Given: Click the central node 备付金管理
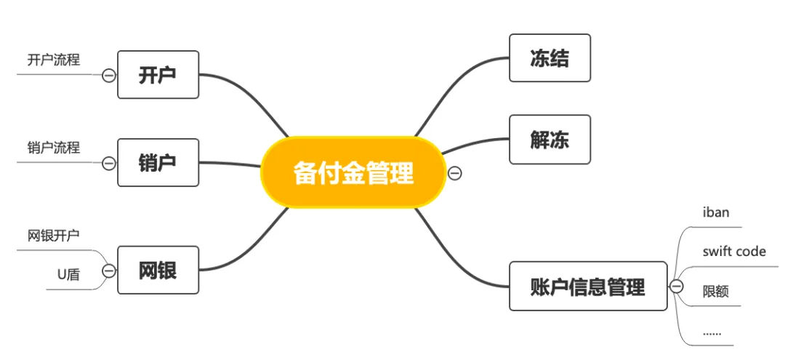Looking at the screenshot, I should click(x=353, y=173).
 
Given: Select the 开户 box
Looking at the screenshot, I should click(x=158, y=74).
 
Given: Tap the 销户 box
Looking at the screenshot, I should click(x=158, y=162).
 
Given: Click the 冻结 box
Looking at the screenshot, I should click(x=549, y=57).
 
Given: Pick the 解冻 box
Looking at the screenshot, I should click(x=549, y=139).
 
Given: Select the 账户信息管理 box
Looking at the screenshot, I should click(x=587, y=287).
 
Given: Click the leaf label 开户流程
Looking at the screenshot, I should click(x=54, y=60).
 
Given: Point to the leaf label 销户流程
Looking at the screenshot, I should click(x=54, y=148).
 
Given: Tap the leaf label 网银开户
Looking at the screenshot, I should click(x=54, y=236).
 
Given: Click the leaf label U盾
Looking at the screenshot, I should click(x=68, y=274).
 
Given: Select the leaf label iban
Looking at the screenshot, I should click(x=716, y=213).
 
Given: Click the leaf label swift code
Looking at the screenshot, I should click(x=734, y=252).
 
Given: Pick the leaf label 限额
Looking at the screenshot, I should click(x=716, y=292).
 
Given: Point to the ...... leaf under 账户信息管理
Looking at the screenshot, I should click(x=712, y=332).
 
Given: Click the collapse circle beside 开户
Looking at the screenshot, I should click(x=109, y=75).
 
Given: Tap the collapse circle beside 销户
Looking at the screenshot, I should click(x=109, y=163).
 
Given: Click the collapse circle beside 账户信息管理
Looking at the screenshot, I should click(x=676, y=287).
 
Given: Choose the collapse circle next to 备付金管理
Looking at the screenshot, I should click(x=455, y=173).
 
